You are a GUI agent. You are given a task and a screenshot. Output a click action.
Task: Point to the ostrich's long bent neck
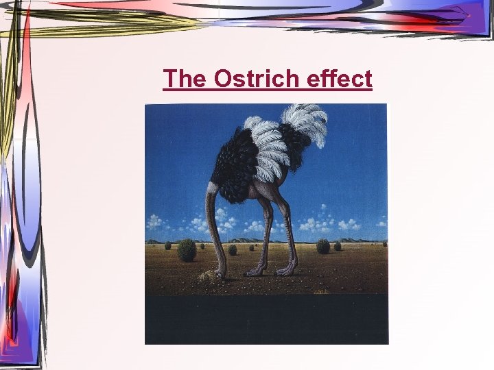[x=211, y=226]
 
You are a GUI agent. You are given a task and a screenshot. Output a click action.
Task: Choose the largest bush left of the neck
[x=187, y=250]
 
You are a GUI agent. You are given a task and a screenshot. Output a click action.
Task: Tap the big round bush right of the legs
[x=323, y=246]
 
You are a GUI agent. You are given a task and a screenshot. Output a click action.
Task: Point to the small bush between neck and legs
[x=233, y=250]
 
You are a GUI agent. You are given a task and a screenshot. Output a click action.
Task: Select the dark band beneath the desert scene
[x=266, y=319]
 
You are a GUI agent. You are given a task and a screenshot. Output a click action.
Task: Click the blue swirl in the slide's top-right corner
[x=453, y=17]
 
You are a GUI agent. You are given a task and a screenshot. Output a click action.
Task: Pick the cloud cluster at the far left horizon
[x=155, y=221]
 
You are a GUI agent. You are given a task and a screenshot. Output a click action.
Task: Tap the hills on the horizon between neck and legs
[x=240, y=240]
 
